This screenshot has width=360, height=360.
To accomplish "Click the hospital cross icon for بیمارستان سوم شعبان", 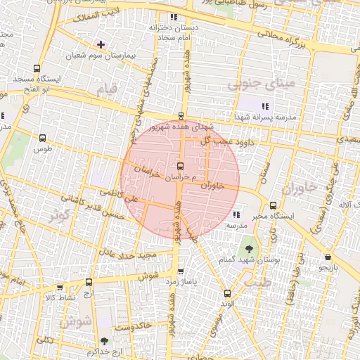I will click(x=101, y=44).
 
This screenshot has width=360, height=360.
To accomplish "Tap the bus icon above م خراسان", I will click(x=181, y=167).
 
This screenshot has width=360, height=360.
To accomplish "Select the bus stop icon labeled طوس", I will click(x=44, y=139).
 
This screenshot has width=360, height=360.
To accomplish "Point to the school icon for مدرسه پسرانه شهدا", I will click(x=264, y=105).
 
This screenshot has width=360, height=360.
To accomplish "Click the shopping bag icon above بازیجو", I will click(x=328, y=257).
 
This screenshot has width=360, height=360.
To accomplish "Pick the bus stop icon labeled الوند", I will click(x=226, y=293).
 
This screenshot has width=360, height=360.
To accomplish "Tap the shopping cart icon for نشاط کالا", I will click(x=58, y=287).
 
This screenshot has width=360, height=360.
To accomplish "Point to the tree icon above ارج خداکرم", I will click(x=105, y=341).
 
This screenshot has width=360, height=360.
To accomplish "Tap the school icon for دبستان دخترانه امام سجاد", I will click(x=173, y=17).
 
